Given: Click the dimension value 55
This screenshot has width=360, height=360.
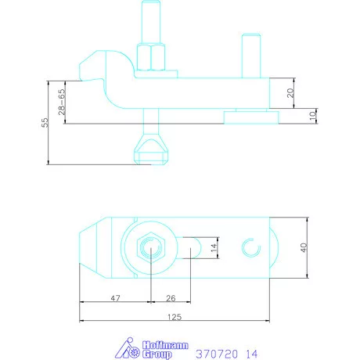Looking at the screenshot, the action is tap(45, 122).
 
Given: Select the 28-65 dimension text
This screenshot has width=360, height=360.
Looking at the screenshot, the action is tap(62, 102).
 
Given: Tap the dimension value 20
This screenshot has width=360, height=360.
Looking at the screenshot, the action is tap(290, 93).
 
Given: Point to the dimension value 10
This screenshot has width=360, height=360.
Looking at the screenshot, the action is tap(313, 115).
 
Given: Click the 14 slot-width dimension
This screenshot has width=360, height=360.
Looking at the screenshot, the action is tap(214, 247).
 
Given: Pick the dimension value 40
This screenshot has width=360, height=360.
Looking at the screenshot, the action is tap(304, 247).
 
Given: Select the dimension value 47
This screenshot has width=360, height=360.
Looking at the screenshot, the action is tap(115, 298).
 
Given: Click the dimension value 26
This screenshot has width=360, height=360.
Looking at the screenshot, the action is tap(171, 298).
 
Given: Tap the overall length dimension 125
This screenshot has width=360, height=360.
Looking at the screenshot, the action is tap(175, 317).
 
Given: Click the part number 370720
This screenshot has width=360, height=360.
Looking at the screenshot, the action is tap(217, 354).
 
